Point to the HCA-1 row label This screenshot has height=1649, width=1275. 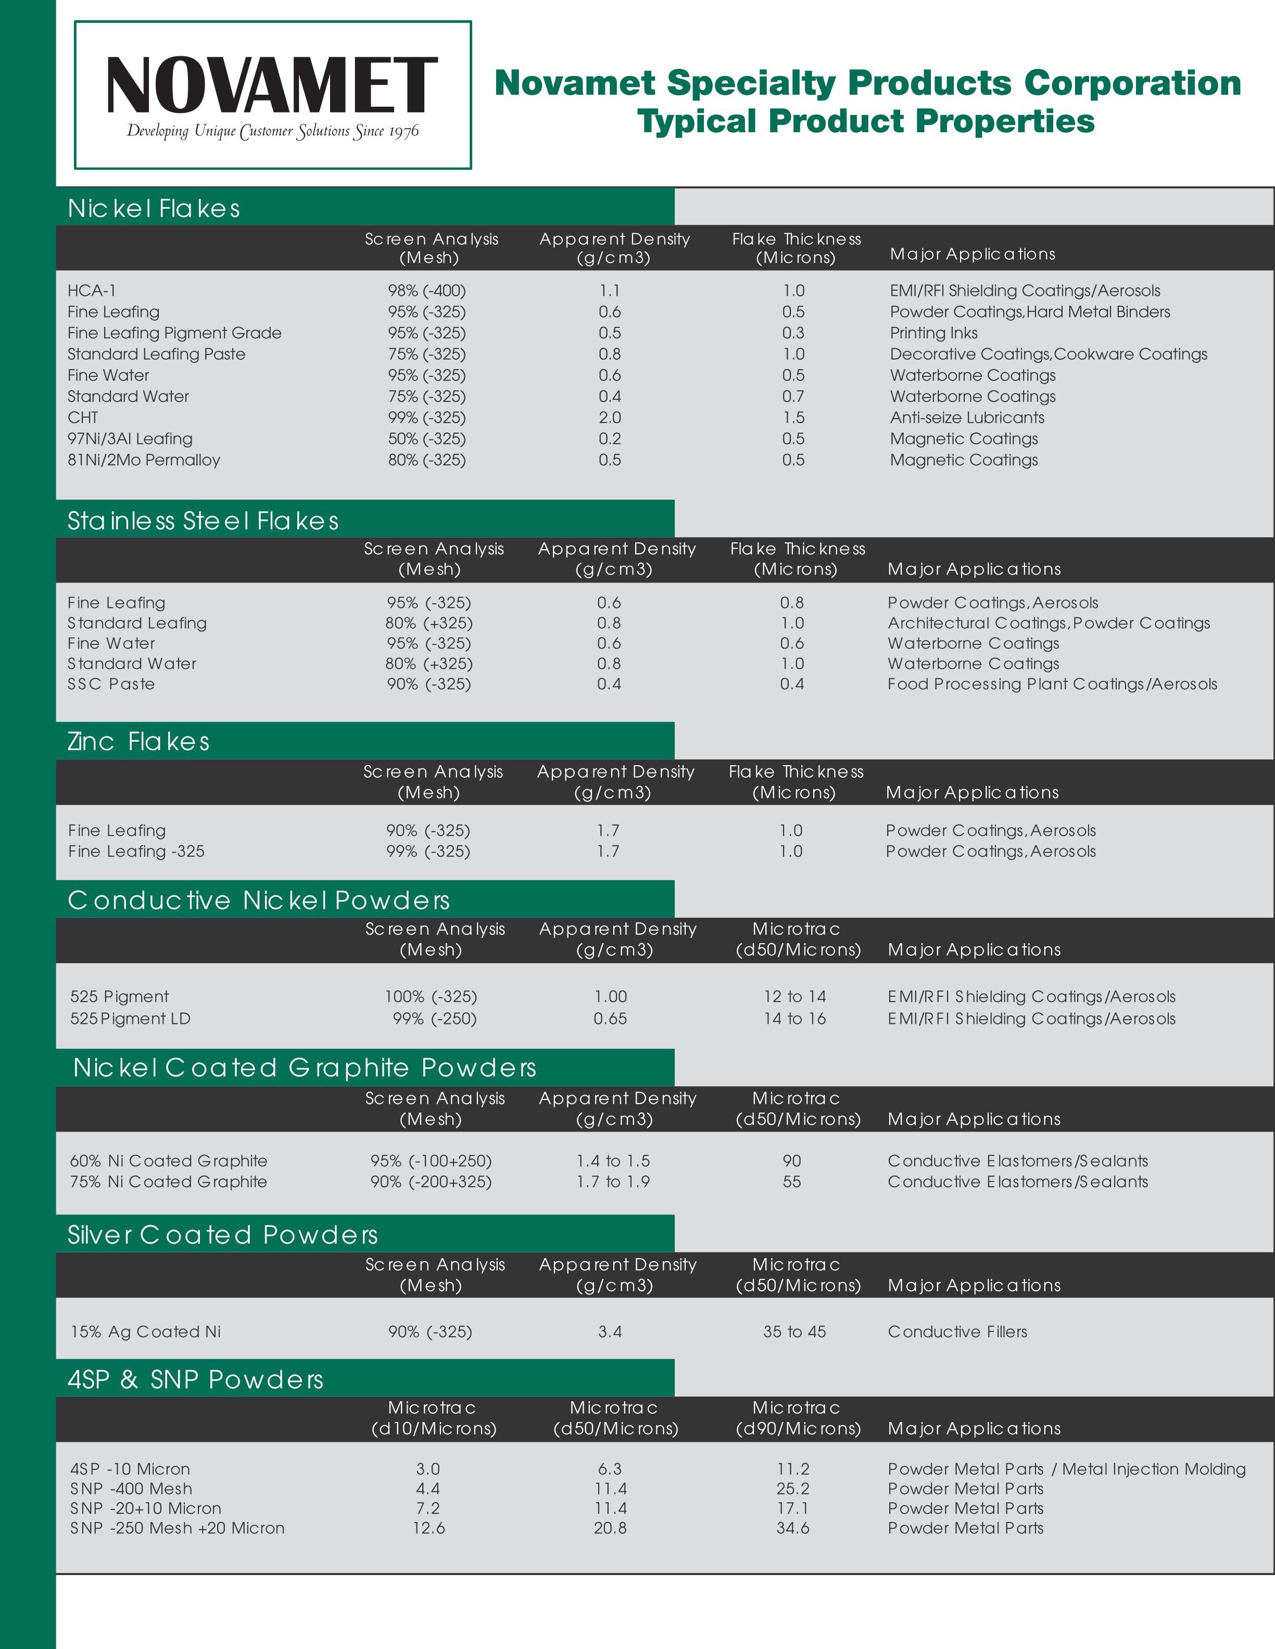pyautogui.click(x=92, y=290)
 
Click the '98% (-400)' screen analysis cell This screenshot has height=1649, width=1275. pyautogui.click(x=427, y=290)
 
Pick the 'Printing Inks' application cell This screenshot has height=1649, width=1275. pyautogui.click(x=933, y=333)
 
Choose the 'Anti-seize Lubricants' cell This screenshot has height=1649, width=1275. pyautogui.click(x=967, y=417)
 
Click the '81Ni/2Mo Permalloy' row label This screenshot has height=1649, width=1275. pyautogui.click(x=144, y=460)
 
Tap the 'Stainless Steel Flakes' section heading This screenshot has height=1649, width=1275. pyautogui.click(x=203, y=521)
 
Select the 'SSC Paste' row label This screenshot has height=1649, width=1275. pyautogui.click(x=111, y=684)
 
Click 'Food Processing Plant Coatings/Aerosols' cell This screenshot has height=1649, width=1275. pyautogui.click(x=1052, y=684)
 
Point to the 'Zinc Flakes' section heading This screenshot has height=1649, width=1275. pyautogui.click(x=138, y=741)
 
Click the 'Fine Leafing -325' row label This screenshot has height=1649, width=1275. pyautogui.click(x=136, y=851)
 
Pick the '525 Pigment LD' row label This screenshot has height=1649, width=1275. pyautogui.click(x=130, y=1019)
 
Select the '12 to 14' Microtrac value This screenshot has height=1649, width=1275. pyautogui.click(x=794, y=997)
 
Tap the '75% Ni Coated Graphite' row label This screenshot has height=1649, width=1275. pyautogui.click(x=169, y=1182)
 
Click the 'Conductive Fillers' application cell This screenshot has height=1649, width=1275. pyautogui.click(x=957, y=1332)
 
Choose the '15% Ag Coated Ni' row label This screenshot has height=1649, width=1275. pyautogui.click(x=146, y=1332)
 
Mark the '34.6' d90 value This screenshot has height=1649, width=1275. pyautogui.click(x=793, y=1528)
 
